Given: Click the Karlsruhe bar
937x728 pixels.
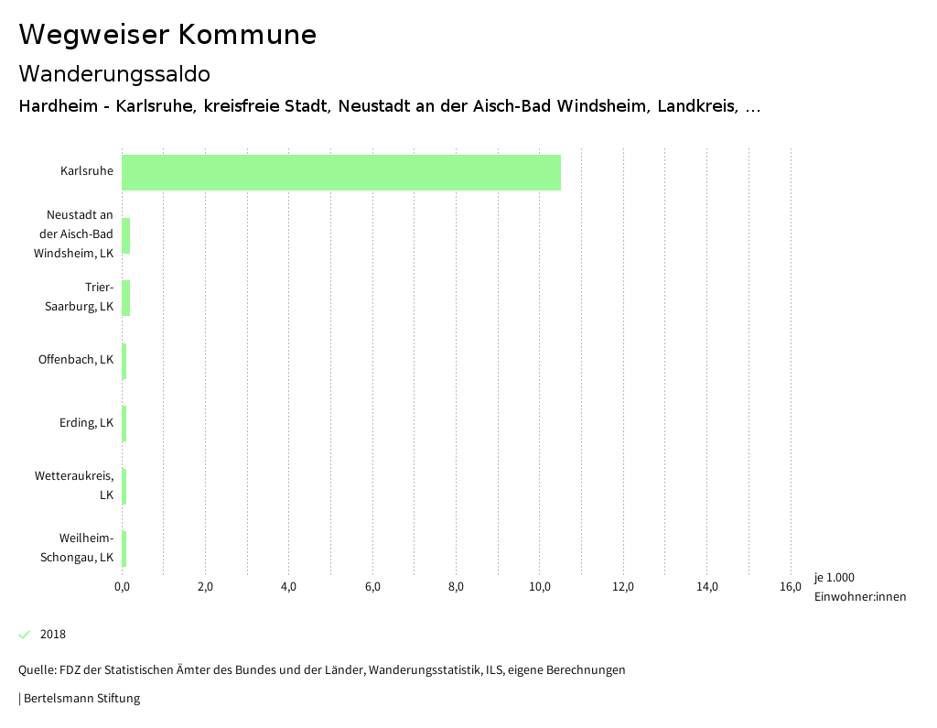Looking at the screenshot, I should coord(340,172).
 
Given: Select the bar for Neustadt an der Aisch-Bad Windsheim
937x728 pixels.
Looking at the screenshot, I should coord(126,235).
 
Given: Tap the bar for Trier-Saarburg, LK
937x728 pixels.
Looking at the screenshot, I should coord(126,298).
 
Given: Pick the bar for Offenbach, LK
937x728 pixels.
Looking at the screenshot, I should coord(124,361).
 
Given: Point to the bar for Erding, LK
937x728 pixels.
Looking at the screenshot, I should coord(124,423).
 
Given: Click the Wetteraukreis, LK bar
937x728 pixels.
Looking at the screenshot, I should coord(124,486).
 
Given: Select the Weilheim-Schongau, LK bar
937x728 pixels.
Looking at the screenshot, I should coord(124,549).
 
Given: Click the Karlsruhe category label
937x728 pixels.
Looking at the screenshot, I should coord(87,171).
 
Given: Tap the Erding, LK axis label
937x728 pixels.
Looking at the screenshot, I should coord(86,423).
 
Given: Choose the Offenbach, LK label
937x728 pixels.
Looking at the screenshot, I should coord(76,360).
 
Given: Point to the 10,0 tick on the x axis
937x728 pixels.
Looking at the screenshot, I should coord(540,587).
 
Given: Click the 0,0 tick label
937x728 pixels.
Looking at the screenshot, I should coord(122,587).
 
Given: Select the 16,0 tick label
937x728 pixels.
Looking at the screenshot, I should coord(791,587).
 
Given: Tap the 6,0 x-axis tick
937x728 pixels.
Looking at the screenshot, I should coord(372,587).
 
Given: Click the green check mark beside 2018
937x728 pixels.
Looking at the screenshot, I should coord(25,635).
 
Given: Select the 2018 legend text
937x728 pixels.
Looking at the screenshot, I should coord(53,635).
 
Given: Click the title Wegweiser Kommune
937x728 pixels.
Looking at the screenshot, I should coord(167,35).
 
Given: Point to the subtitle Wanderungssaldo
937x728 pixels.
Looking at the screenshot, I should coord(114,73).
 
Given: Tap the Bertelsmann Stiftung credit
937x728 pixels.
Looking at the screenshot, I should coord(81,699).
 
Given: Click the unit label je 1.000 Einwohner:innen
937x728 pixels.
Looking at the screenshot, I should coord(859,587).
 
